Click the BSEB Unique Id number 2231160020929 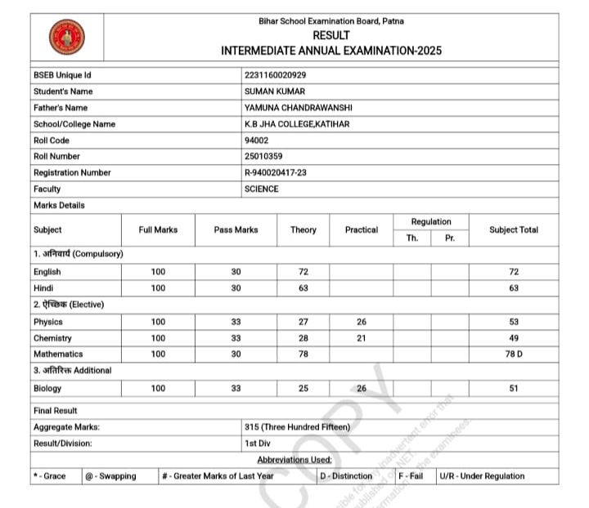pos(276,75)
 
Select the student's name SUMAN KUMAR pos(274,91)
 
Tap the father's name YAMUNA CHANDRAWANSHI pos(298,108)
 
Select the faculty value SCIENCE pos(261,189)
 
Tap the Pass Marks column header pos(236,230)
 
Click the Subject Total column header pos(514,229)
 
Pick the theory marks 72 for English pos(303,271)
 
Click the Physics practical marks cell pos(361,322)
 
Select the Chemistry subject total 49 pos(514,338)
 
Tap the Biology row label pos(47,389)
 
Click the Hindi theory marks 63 pos(303,287)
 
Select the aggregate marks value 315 pos(297,427)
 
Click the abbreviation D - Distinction pos(345,476)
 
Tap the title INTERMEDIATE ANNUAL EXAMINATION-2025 pos(330,51)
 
